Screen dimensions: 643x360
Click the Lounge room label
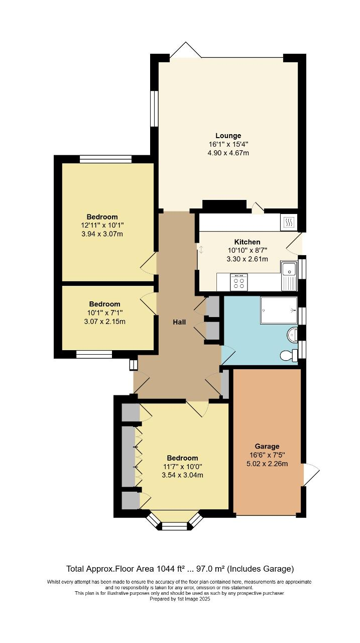coord(228,136)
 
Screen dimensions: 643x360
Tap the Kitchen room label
coord(247,242)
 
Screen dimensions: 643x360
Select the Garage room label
coord(267,446)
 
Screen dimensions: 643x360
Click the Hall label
coord(179,322)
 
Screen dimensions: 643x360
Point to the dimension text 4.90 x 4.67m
coord(228,153)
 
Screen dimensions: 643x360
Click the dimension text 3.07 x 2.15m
coord(104,321)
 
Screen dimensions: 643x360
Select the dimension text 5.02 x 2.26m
coord(267,464)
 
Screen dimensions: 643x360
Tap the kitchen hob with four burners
coord(239,282)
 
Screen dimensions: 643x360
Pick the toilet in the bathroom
coord(289,356)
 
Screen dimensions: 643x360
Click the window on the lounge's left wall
coord(155,109)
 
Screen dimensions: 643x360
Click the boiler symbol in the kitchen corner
coord(289,222)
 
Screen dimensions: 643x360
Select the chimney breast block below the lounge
coord(224,205)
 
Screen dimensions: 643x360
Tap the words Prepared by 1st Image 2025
coord(179,599)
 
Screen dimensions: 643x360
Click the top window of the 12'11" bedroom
coord(105,159)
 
